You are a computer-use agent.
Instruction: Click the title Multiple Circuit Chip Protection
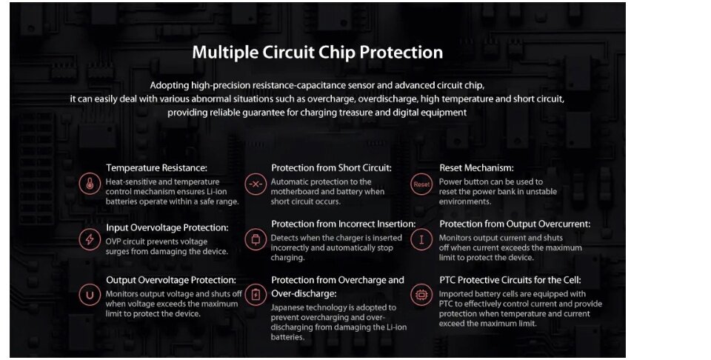pyautogui.click(x=318, y=53)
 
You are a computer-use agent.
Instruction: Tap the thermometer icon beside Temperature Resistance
pyautogui.click(x=90, y=184)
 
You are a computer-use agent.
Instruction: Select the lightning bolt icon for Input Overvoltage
pyautogui.click(x=90, y=239)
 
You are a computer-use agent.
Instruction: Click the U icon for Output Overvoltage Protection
pyautogui.click(x=90, y=295)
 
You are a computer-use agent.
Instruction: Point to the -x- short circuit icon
pyautogui.click(x=256, y=184)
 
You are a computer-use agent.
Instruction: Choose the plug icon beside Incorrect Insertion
pyautogui.click(x=256, y=239)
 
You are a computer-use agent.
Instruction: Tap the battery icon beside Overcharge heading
pyautogui.click(x=256, y=295)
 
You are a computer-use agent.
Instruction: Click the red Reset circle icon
pyautogui.click(x=421, y=184)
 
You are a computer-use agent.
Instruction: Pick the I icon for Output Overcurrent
pyautogui.click(x=421, y=239)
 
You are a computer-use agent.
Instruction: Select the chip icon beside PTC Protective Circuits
pyautogui.click(x=421, y=295)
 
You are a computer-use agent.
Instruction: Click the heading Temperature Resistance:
pyautogui.click(x=156, y=167)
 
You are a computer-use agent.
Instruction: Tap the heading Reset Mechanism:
pyautogui.click(x=476, y=167)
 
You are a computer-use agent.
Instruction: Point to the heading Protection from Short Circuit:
pyautogui.click(x=331, y=167)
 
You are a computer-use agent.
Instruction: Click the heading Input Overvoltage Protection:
pyautogui.click(x=167, y=227)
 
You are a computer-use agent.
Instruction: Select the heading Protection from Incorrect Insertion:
pyautogui.click(x=343, y=224)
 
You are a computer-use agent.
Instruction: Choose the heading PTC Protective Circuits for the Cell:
pyautogui.click(x=510, y=280)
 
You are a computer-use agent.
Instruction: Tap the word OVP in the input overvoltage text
pyautogui.click(x=113, y=241)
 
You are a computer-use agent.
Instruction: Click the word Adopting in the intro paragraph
pyautogui.click(x=169, y=86)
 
